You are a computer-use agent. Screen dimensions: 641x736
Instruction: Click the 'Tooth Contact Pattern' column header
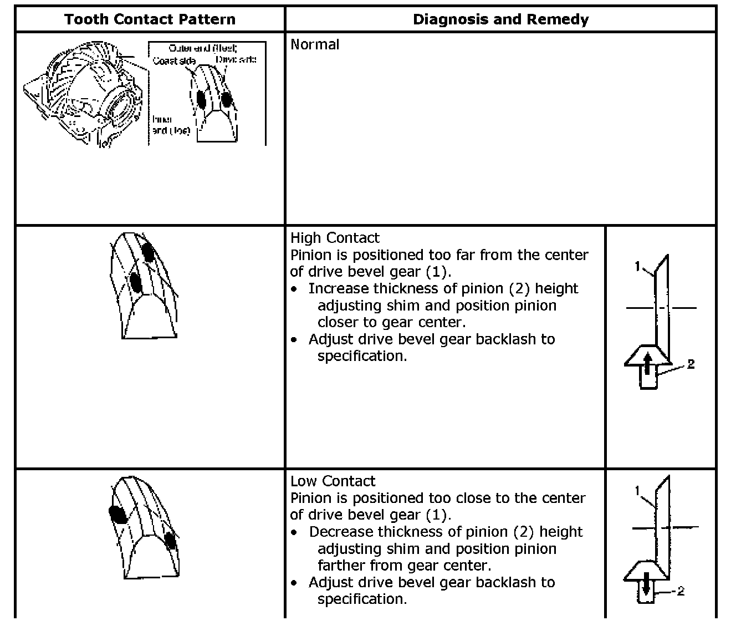[x=150, y=19]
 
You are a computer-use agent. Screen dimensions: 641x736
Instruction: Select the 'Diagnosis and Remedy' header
[x=500, y=19]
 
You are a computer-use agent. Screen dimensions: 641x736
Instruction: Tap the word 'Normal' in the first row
[x=315, y=44]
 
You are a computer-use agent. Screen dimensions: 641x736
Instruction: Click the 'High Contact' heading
[x=335, y=238]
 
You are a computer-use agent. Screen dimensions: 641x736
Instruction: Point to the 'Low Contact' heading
[x=333, y=481]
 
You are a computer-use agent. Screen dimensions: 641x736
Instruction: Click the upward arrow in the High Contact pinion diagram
[x=647, y=365]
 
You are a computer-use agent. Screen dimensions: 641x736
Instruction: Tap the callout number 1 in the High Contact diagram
[x=637, y=267]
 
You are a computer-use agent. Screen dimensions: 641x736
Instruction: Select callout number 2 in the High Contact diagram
[x=691, y=364]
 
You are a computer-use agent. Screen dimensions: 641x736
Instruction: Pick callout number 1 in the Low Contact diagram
[x=637, y=490]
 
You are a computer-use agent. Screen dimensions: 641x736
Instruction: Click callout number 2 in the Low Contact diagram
[x=681, y=591]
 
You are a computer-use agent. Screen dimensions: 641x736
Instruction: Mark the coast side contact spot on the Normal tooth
[x=201, y=98]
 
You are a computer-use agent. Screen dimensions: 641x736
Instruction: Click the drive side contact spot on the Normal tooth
[x=226, y=99]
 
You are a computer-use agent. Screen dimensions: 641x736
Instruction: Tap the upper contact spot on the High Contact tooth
[x=147, y=252]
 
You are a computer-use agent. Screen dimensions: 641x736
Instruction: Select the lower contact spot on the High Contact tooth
[x=136, y=282]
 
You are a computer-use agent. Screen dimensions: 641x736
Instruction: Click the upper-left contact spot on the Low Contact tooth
[x=117, y=514]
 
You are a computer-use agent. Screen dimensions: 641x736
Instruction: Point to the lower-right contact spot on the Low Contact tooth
[x=170, y=540]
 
